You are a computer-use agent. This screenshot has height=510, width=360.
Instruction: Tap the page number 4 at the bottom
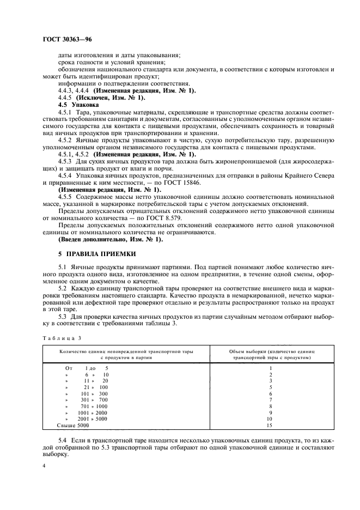pyautogui.click(x=44, y=466)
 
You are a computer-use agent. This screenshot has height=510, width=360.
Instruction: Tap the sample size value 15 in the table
pyautogui.click(x=270, y=425)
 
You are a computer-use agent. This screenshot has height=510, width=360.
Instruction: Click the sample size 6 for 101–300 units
pyautogui.click(x=270, y=393)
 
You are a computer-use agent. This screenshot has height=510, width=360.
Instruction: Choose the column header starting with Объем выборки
pyautogui.click(x=270, y=355)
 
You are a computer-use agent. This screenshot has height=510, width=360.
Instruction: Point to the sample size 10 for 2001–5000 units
pyautogui.click(x=270, y=418)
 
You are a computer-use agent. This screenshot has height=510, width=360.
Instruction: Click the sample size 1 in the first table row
pyautogui.click(x=270, y=368)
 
